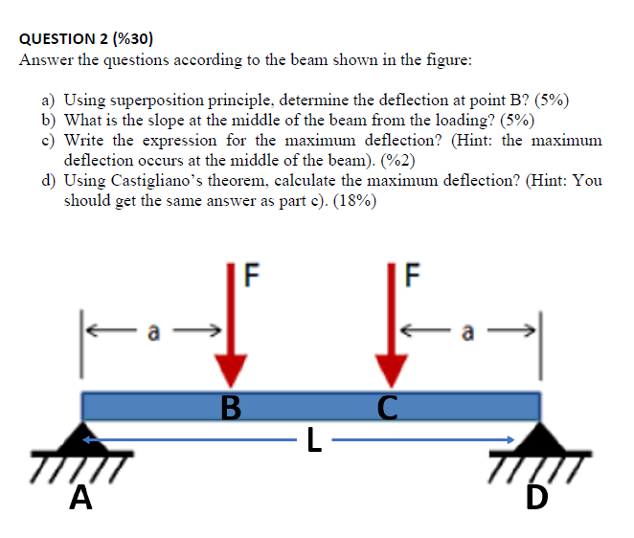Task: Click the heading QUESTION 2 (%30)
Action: pyautogui.click(x=86, y=39)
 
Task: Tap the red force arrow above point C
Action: pyautogui.click(x=390, y=330)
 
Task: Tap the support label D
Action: pyautogui.click(x=535, y=501)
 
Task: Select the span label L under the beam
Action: pyautogui.click(x=310, y=442)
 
